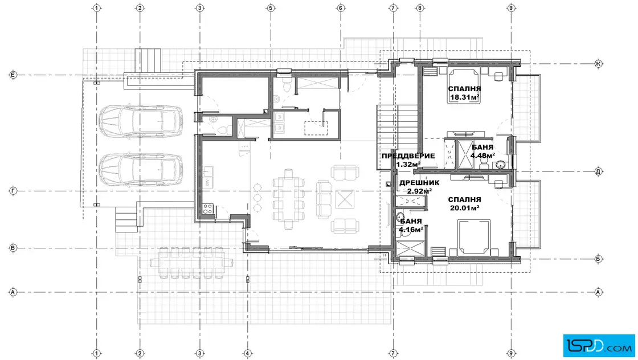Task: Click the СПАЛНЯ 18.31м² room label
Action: (x=464, y=93)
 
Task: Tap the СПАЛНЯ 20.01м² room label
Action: (x=464, y=204)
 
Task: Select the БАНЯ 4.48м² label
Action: (x=482, y=152)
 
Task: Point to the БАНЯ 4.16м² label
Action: (x=411, y=226)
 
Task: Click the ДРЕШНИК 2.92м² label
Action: (x=419, y=187)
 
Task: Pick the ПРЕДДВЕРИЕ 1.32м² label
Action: (x=408, y=160)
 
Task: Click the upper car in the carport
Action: (x=141, y=121)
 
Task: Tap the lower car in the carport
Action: (x=141, y=169)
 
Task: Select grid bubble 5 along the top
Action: (x=271, y=8)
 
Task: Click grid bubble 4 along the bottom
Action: (x=247, y=353)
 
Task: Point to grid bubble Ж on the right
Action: (x=598, y=63)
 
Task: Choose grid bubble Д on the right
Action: (x=598, y=171)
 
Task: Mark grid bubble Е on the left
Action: (x=13, y=75)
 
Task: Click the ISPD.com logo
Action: (x=599, y=346)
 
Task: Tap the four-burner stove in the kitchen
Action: (x=208, y=209)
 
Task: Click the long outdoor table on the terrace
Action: (x=191, y=263)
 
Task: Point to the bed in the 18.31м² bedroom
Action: (x=464, y=86)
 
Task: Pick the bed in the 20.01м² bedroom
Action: (x=473, y=238)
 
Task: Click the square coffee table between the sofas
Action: (x=345, y=199)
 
